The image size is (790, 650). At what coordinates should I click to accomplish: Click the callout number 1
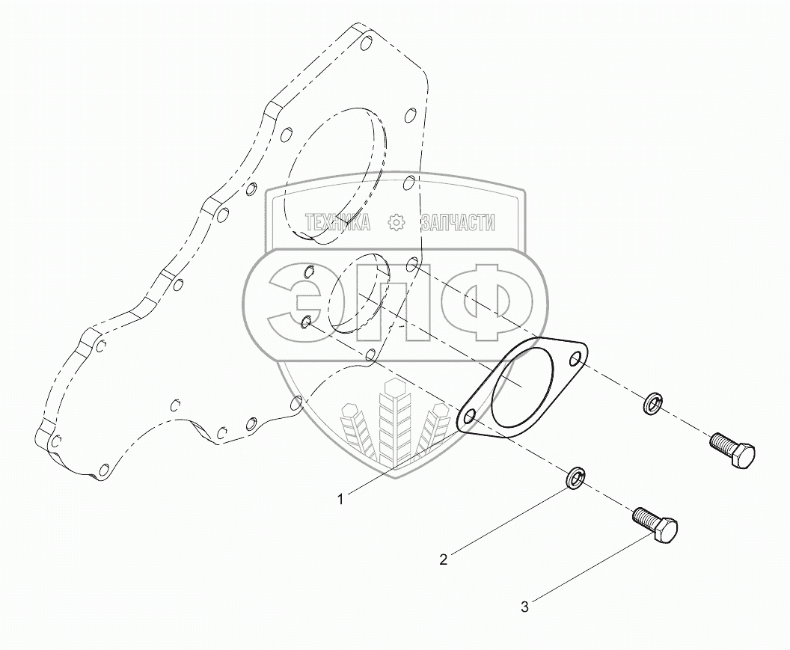(x=341, y=500)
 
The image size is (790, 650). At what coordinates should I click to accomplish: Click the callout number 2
(x=444, y=559)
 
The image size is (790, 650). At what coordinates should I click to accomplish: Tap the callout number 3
(x=524, y=607)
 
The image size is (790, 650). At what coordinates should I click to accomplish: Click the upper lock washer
(x=654, y=404)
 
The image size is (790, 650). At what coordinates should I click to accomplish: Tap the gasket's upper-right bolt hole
(x=576, y=359)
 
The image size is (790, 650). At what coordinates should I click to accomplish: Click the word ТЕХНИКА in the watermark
(x=337, y=222)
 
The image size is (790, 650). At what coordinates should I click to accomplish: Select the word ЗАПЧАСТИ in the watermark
(x=458, y=222)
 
